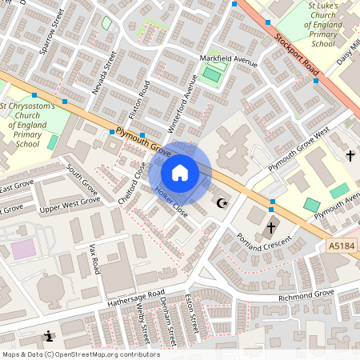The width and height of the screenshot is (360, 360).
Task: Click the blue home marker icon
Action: (180, 173)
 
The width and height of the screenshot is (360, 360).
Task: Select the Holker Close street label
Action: (171, 203)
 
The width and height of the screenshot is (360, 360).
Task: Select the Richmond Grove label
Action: (306, 294)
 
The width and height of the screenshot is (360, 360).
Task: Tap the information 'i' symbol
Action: (50, 336)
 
